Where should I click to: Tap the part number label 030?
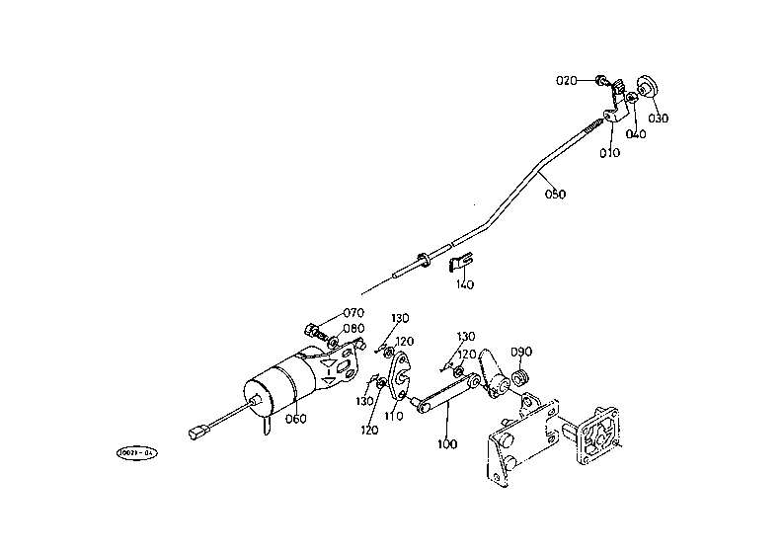tap(659, 119)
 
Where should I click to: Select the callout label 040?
tap(636, 134)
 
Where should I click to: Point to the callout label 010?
tap(609, 153)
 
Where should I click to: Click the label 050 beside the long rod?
tap(555, 195)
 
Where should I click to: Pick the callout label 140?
tap(464, 285)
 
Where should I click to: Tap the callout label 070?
tap(353, 313)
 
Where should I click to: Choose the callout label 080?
tap(353, 329)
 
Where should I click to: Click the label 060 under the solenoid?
tap(295, 418)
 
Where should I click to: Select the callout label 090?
tap(521, 352)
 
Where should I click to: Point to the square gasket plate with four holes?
tap(598, 434)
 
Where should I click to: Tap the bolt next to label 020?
tap(600, 79)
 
